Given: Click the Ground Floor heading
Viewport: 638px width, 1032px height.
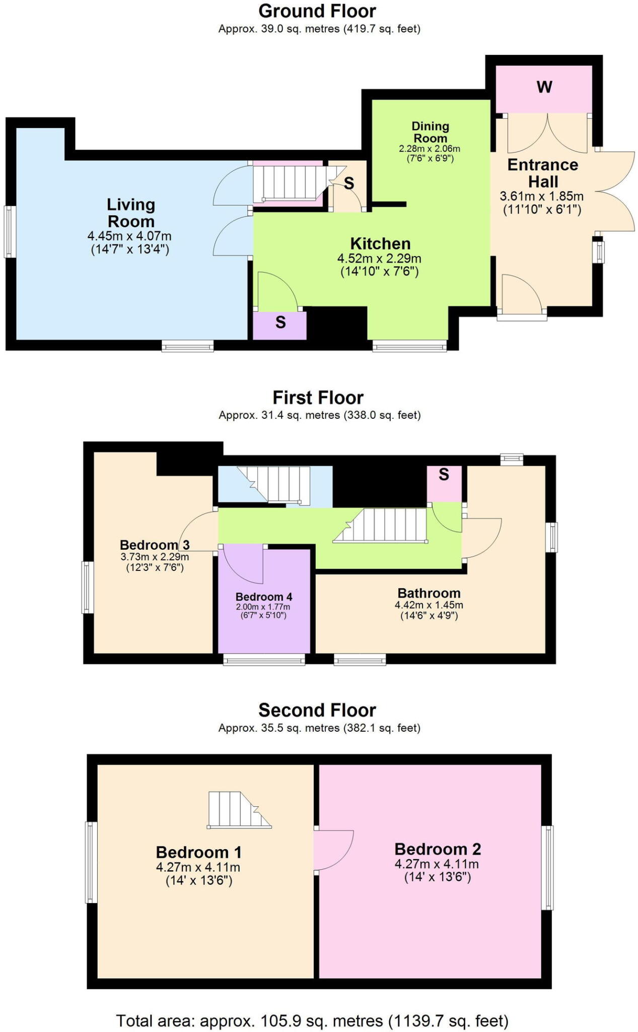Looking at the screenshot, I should coord(317,11).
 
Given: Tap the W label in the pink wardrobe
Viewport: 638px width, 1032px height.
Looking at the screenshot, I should coord(544,87).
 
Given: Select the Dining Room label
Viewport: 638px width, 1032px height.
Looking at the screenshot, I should coord(430,132).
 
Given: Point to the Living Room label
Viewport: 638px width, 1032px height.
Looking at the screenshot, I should coord(131,213).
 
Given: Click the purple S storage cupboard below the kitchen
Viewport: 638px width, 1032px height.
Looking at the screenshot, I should coord(280,325).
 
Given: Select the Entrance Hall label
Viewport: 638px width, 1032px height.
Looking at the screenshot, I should coord(543,173).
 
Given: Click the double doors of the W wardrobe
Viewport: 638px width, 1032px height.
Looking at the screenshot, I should coord(547,134).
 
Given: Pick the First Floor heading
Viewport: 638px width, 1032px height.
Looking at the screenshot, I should coord(318,398).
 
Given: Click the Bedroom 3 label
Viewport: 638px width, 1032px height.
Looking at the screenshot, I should coord(155,545).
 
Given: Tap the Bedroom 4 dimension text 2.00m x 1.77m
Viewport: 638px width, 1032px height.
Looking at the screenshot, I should coord(263,607).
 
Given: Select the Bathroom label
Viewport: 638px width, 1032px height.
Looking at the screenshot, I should coord(429,593).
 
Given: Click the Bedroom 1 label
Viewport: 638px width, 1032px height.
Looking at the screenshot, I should coord(199,852).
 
